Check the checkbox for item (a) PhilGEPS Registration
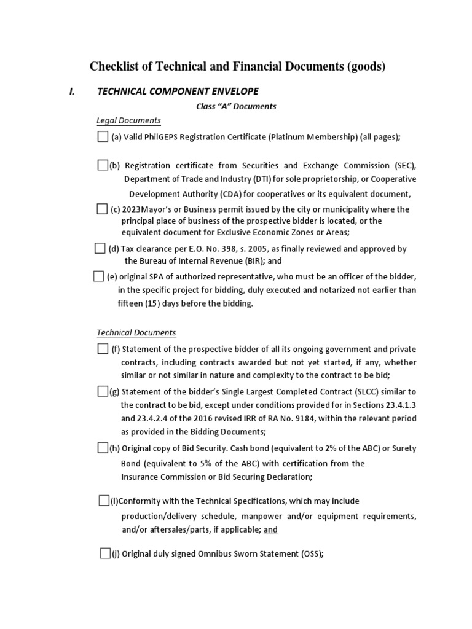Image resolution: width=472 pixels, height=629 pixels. coord(103,136)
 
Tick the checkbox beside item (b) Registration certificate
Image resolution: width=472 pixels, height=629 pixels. coord(103,165)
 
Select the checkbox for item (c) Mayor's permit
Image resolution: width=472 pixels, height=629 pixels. coord(102,209)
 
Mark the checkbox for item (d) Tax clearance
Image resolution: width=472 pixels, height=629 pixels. coord(100,248)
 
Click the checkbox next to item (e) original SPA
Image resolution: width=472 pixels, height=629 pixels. coord(99,276)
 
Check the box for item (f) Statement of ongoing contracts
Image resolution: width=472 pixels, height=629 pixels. coord(103,349)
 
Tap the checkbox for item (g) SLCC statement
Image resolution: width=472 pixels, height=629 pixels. coord(103,391)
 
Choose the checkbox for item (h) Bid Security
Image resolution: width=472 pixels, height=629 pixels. coord(103,448)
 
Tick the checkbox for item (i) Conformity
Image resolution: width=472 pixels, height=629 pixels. coord(104,500)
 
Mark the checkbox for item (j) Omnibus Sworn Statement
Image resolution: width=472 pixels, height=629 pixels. coord(105,553)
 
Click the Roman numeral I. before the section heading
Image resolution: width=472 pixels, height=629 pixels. coord(72,92)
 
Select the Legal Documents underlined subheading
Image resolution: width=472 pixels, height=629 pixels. coord(128,120)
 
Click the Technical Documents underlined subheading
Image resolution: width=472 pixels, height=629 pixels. coord(136,332)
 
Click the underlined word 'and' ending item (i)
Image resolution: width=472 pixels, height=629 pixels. coord(271,530)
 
